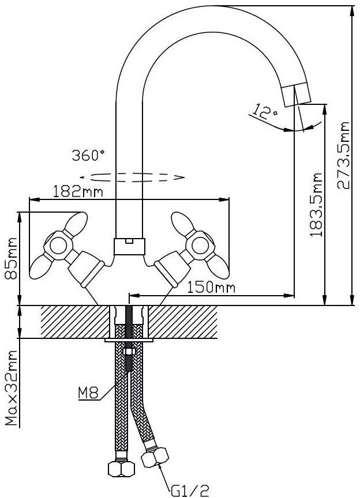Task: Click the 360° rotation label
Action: [x=88, y=155]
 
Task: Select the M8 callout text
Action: [x=88, y=394]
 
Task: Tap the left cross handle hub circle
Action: [x=58, y=244]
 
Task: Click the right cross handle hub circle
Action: [x=200, y=244]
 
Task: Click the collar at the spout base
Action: [x=129, y=246]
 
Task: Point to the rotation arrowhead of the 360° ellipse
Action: [x=180, y=176]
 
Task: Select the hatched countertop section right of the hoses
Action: [x=183, y=322]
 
